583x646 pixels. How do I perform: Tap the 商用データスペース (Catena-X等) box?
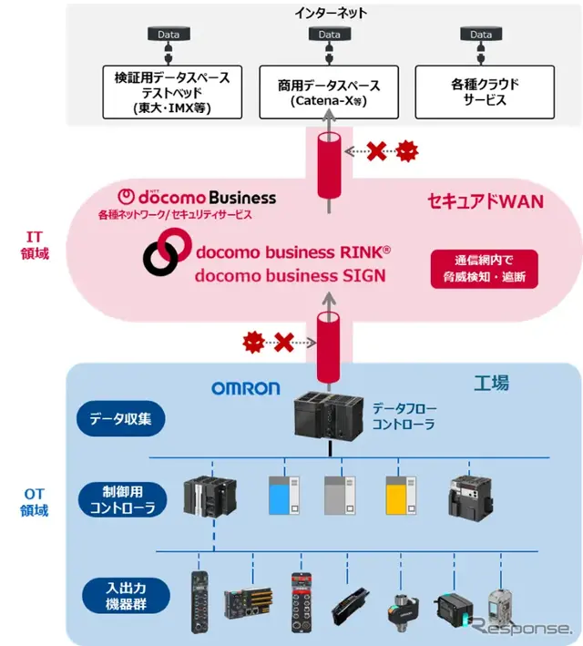(329, 91)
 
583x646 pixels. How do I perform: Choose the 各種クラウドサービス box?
(485, 91)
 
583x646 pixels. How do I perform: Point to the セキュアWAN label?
(485, 200)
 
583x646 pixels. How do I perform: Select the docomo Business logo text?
(199, 197)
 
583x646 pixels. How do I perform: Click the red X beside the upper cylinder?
(376, 151)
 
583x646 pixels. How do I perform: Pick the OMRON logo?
(246, 388)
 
